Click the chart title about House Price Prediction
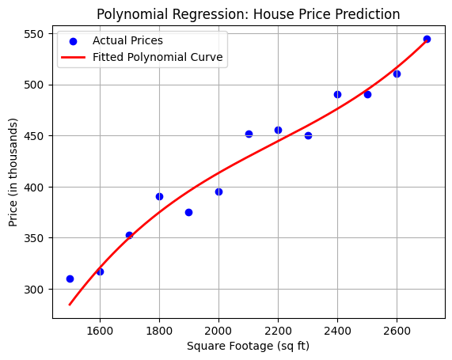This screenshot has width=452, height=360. point(248,14)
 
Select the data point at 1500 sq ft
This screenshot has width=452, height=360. point(70,279)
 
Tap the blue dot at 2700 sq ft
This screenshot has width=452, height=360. point(427,39)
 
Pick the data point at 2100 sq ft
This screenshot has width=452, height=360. point(249,134)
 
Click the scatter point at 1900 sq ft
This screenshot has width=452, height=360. point(188,212)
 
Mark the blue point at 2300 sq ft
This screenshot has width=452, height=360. point(308,135)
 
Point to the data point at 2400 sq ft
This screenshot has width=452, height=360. point(337,94)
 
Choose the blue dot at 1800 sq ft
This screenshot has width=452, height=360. point(159,196)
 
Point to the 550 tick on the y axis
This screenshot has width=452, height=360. point(37,34)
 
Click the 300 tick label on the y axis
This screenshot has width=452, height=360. point(37,290)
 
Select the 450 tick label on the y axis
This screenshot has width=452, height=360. point(37,136)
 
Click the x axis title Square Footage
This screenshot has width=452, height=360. point(248,346)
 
